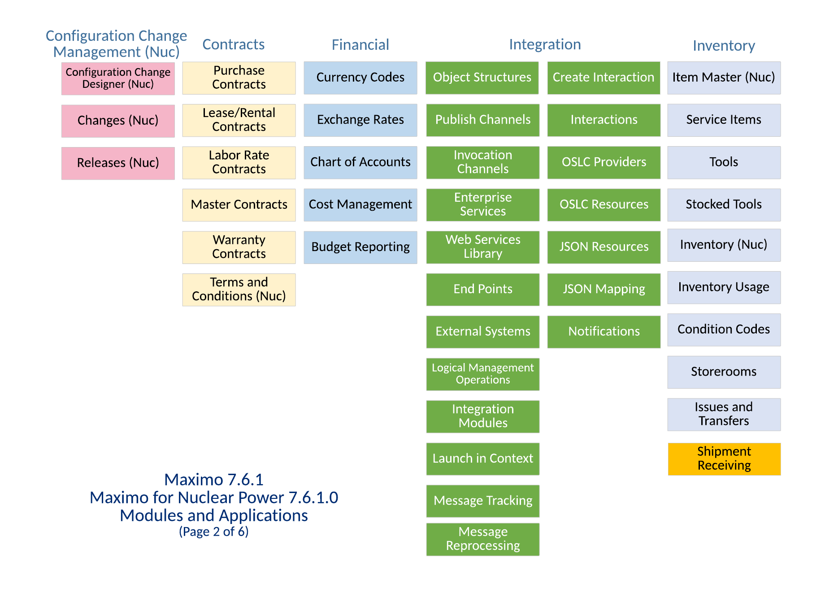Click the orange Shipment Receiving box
coord(724,459)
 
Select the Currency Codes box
coord(360,78)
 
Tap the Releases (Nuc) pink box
coord(118,163)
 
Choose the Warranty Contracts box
coord(239,247)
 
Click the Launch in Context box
coord(482,459)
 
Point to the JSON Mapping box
coord(604,289)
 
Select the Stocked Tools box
coord(723,204)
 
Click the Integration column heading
coord(544,44)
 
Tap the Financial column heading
coord(360,45)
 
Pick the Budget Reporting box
coord(360,247)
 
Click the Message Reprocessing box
coord(482,539)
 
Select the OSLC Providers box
coord(604,162)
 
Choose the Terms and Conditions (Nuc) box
coord(239,289)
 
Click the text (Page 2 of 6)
coord(213,532)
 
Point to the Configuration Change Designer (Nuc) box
coord(118,78)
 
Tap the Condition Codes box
coord(723,329)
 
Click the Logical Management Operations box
coord(482,374)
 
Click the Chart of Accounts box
coord(360,162)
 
